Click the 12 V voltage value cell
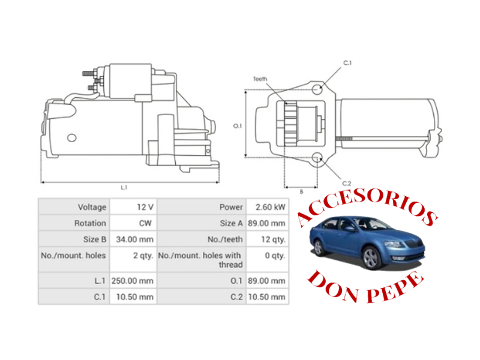tap(145, 207)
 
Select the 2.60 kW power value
tap(271, 207)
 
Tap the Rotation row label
tap(91, 223)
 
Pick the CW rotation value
tap(145, 223)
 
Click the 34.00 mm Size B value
tap(134, 239)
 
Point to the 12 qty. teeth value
tap(273, 239)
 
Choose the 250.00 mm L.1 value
tap(132, 281)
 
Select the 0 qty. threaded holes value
tap(275, 256)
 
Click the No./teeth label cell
tap(225, 239)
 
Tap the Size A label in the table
tap(231, 223)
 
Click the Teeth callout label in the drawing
tap(260, 79)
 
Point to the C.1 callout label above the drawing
tap(347, 63)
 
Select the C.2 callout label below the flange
tap(347, 184)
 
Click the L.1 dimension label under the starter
tap(124, 187)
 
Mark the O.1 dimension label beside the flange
tap(238, 126)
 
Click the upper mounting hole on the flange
tap(317, 89)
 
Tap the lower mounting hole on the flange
tap(317, 158)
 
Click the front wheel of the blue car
tap(371, 258)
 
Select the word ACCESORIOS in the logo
tap(367, 208)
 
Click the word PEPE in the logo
tap(395, 288)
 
